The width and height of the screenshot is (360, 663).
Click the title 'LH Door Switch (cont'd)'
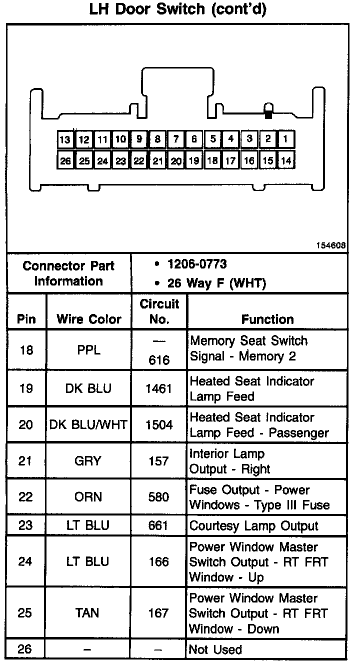pyautogui.click(x=177, y=10)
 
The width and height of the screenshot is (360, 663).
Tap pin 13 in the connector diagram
pyautogui.click(x=65, y=140)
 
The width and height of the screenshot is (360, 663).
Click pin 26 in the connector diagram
pyautogui.click(x=65, y=161)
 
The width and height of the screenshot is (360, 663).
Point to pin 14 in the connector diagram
pyautogui.click(x=286, y=160)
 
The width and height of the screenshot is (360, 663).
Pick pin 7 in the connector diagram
pyautogui.click(x=176, y=139)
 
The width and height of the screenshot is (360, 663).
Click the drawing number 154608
pyautogui.click(x=330, y=245)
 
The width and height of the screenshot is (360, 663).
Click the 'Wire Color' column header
pyautogui.click(x=88, y=319)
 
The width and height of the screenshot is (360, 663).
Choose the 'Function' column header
pyautogui.click(x=267, y=319)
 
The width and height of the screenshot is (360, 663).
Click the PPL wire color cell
pyautogui.click(x=88, y=349)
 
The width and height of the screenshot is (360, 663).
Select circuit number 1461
pyautogui.click(x=159, y=388)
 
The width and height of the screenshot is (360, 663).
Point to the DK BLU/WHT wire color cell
pyautogui.click(x=88, y=425)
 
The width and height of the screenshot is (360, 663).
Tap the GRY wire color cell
pyautogui.click(x=88, y=461)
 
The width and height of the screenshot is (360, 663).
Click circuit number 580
pyautogui.click(x=159, y=497)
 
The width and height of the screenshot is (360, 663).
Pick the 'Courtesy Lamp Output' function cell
pyautogui.click(x=253, y=526)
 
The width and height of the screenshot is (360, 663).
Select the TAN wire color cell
pyautogui.click(x=88, y=613)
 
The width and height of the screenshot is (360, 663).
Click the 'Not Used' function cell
pyautogui.click(x=215, y=649)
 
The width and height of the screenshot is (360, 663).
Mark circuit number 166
pyautogui.click(x=159, y=561)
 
